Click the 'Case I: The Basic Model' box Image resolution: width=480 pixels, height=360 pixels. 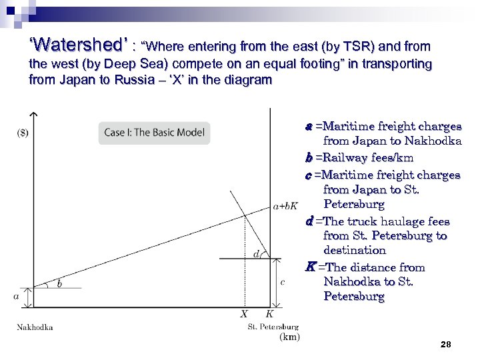(x=154, y=132)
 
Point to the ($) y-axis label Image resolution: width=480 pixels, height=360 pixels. (x=22, y=132)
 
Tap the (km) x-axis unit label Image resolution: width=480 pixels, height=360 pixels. (x=289, y=337)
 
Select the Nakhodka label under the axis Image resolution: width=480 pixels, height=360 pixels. (x=35, y=327)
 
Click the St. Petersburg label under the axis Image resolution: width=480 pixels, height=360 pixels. (x=273, y=327)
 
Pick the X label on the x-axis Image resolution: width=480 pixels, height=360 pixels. (x=244, y=313)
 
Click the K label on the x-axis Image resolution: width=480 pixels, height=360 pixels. (x=269, y=313)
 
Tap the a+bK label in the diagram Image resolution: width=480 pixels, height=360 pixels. (x=285, y=205)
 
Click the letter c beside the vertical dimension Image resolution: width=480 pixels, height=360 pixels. (x=282, y=282)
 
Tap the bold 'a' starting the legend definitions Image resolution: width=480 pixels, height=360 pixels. (x=309, y=126)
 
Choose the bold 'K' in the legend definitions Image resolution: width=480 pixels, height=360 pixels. (x=309, y=267)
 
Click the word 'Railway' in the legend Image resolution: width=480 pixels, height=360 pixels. (x=338, y=158)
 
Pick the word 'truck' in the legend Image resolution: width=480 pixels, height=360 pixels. (x=357, y=221)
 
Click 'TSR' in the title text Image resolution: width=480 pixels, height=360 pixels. (x=351, y=47)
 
